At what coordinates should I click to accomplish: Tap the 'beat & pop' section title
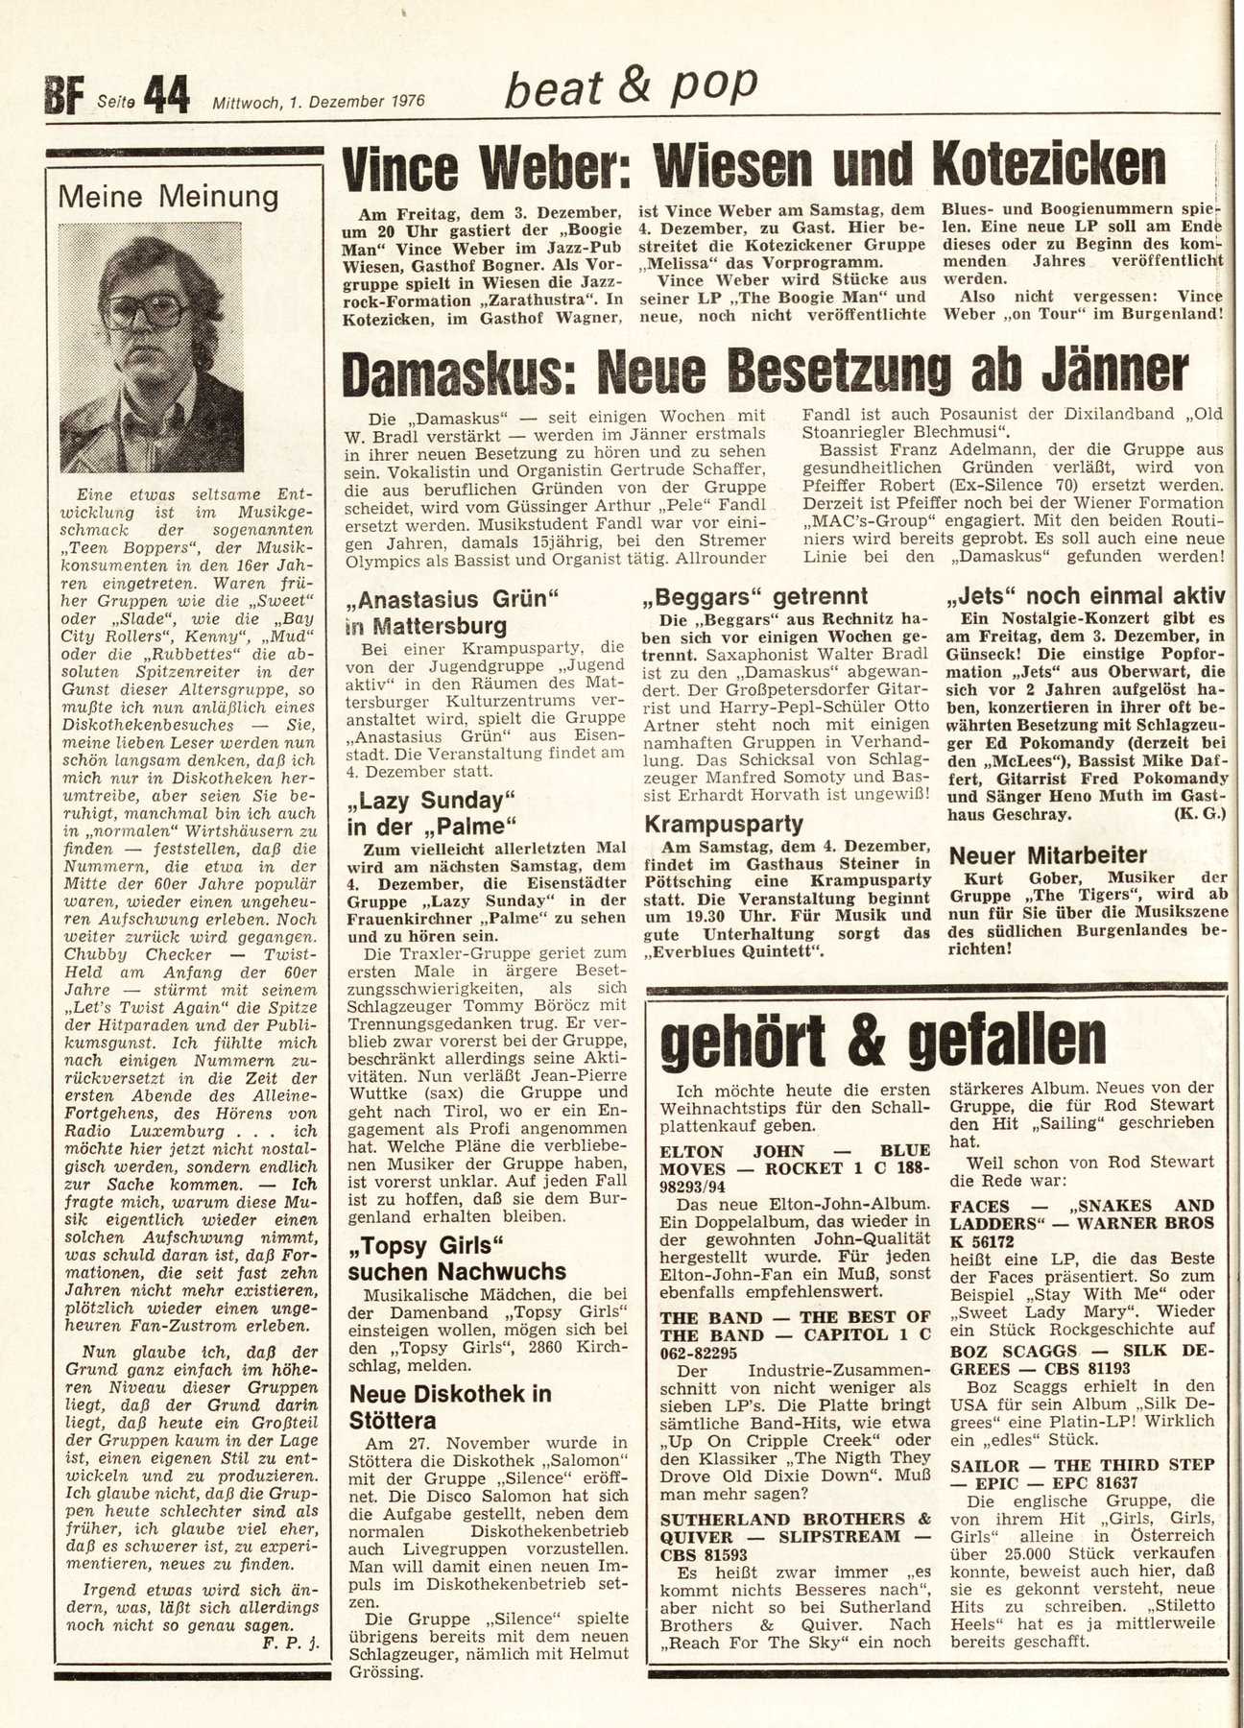pyautogui.click(x=631, y=88)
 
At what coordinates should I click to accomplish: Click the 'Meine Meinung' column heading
pyautogui.click(x=169, y=197)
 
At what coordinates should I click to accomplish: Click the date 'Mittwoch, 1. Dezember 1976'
pyautogui.click(x=320, y=101)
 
